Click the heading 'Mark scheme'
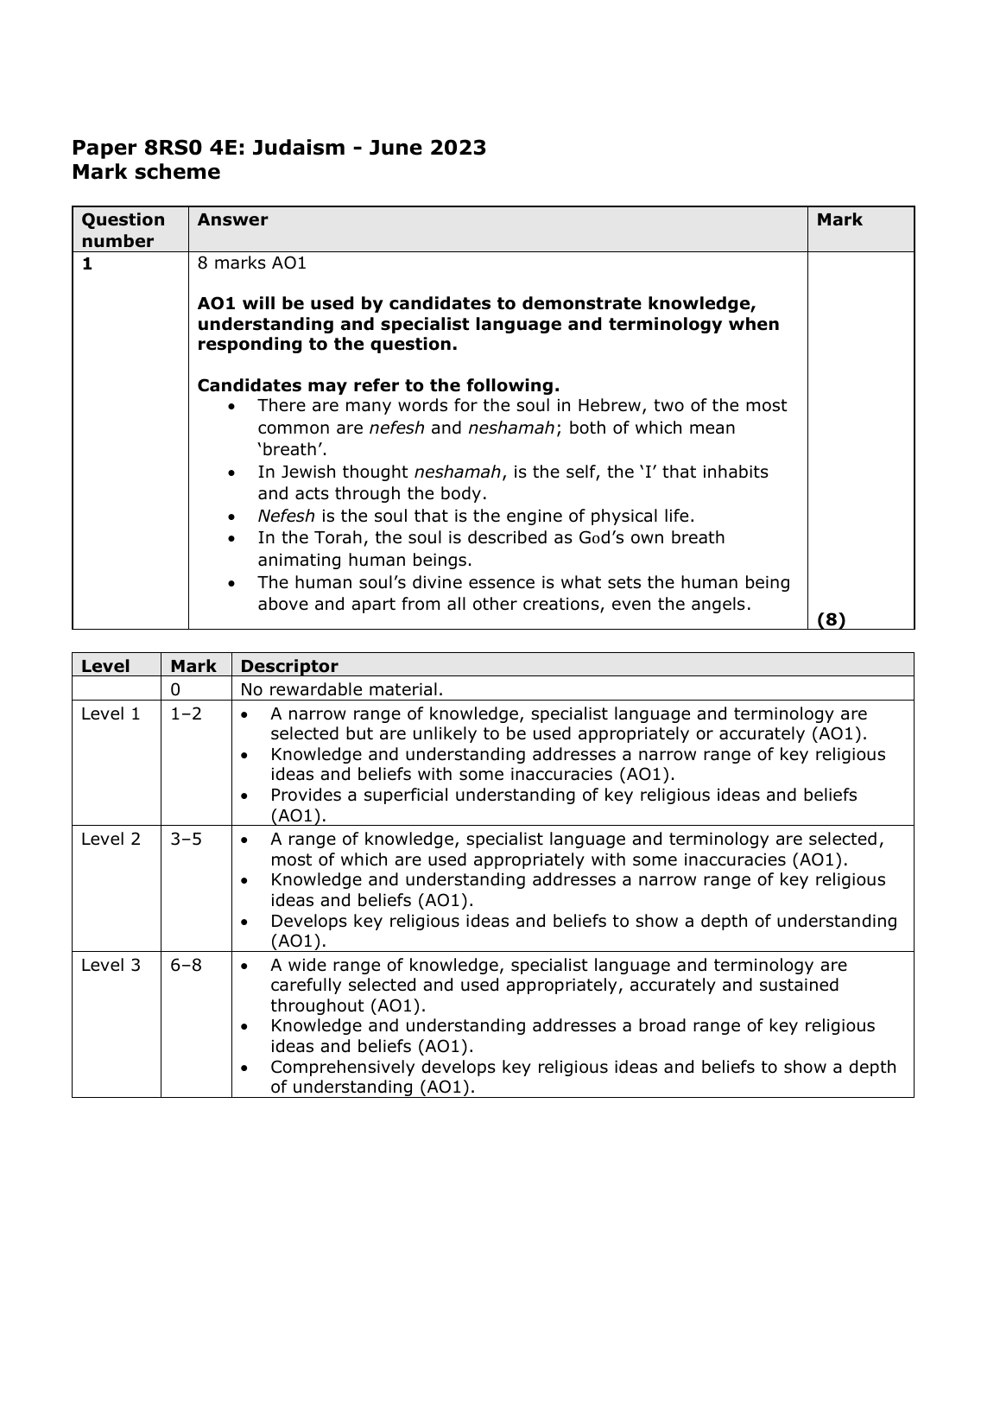(x=146, y=172)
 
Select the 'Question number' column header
(x=123, y=230)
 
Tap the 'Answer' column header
(x=232, y=219)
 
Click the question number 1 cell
(x=87, y=264)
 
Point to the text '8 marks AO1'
(x=252, y=263)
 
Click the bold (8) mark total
(x=831, y=618)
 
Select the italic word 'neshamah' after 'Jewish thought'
(x=457, y=472)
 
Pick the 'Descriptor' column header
(x=289, y=666)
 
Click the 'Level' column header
(x=105, y=666)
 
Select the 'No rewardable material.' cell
(x=341, y=689)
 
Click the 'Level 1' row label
(x=111, y=713)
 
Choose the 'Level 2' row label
(x=111, y=839)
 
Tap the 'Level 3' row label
(x=111, y=965)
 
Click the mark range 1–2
(x=186, y=713)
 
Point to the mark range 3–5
(x=186, y=839)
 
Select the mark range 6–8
(x=186, y=965)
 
